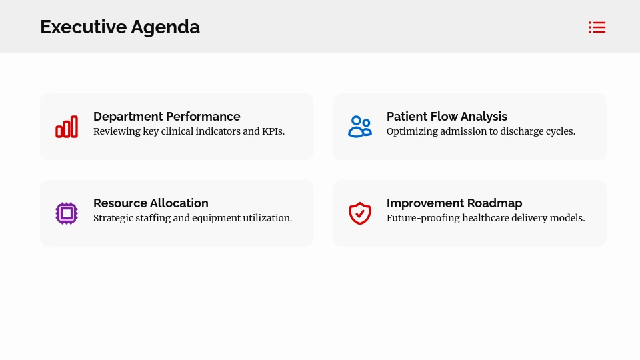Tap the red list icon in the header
click(x=597, y=27)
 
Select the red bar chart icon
click(x=67, y=127)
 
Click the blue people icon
click(x=360, y=127)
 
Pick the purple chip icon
click(x=67, y=213)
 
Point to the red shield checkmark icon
click(x=360, y=213)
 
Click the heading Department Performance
click(x=167, y=117)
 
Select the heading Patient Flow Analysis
click(x=447, y=117)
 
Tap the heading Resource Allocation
click(x=151, y=203)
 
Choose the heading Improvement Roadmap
click(x=454, y=203)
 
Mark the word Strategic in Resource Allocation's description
click(x=113, y=218)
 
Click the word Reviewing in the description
click(x=117, y=131)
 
